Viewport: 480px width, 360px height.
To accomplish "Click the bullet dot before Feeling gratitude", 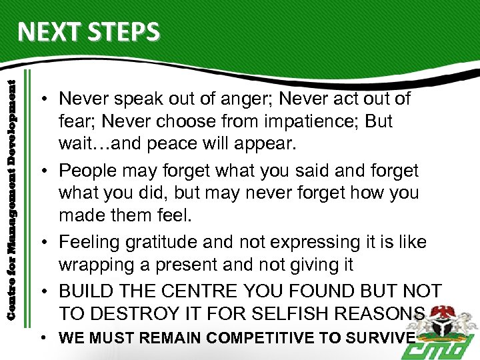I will [x=41, y=243].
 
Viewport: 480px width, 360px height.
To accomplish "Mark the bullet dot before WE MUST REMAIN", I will [x=41, y=337].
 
